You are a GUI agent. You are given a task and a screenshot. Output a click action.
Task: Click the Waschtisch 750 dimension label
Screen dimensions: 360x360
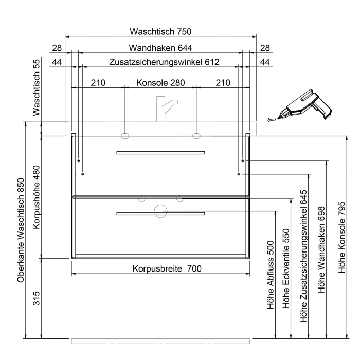tap(160, 32)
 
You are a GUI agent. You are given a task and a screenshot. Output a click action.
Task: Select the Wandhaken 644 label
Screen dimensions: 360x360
tap(160, 48)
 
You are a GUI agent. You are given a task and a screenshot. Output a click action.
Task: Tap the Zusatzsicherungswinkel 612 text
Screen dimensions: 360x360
tap(164, 62)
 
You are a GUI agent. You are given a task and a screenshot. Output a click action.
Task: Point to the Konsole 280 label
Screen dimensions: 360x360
tap(160, 83)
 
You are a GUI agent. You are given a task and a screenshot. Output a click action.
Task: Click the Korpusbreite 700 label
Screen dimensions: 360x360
tap(167, 268)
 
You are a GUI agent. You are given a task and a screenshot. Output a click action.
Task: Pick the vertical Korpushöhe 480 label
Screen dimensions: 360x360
tap(37, 197)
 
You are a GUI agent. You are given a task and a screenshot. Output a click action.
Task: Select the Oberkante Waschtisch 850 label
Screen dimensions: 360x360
tap(21, 230)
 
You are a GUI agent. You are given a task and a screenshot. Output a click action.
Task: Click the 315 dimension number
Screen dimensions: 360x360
tap(37, 298)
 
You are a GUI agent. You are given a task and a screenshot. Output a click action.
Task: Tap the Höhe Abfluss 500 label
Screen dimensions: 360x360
tap(271, 275)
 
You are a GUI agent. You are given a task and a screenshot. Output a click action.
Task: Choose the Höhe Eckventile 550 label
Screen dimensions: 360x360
tap(286, 268)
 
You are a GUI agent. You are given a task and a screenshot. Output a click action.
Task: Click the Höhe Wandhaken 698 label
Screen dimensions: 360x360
tap(321, 249)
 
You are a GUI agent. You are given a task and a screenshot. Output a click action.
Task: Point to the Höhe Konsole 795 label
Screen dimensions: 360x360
tap(342, 237)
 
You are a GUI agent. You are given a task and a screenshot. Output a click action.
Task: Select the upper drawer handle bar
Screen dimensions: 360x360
tap(160, 153)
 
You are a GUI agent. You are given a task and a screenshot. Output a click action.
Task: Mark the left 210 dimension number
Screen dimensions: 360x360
tap(98, 83)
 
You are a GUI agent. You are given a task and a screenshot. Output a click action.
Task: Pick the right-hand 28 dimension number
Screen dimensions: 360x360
tap(265, 48)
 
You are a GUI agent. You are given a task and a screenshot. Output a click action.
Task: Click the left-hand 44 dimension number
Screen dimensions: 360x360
tap(57, 62)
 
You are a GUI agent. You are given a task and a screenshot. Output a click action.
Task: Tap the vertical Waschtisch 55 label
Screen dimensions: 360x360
tap(37, 87)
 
